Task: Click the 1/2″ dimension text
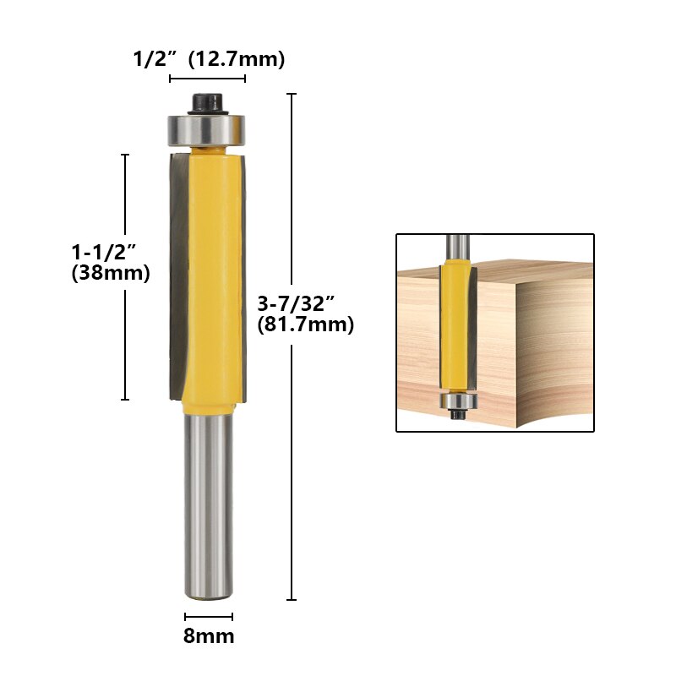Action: pos(155,59)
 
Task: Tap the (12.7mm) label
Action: pos(237,59)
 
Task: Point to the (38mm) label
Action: pos(111,273)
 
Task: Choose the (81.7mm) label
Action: pos(304,324)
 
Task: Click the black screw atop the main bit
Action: pos(207,102)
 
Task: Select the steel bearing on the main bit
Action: pos(207,129)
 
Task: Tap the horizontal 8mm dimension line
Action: pos(209,617)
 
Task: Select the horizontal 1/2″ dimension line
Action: pos(207,79)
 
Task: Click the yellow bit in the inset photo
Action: pos(456,321)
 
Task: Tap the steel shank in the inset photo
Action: pos(457,246)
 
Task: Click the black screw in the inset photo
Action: pos(457,415)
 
